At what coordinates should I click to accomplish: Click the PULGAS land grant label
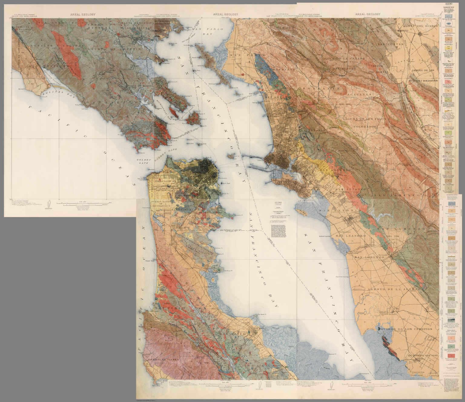coord(256,366)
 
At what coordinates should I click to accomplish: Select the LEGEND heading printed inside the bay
coord(278,203)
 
